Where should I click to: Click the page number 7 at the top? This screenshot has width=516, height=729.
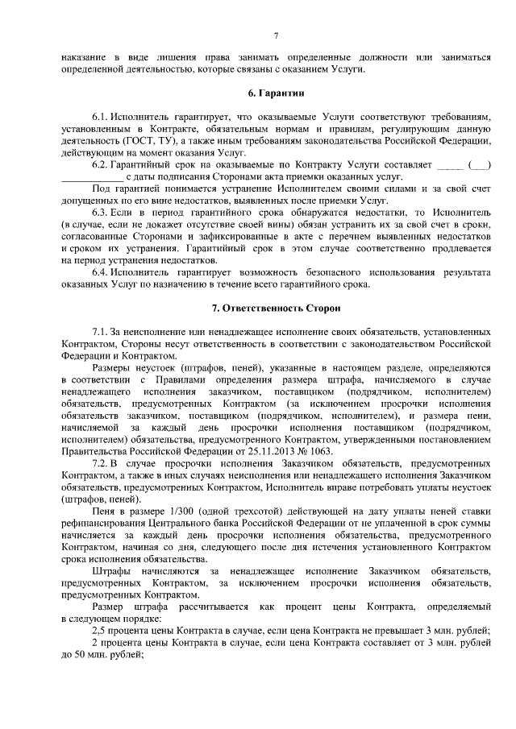point(276,35)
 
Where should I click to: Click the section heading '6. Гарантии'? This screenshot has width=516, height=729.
point(276,93)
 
